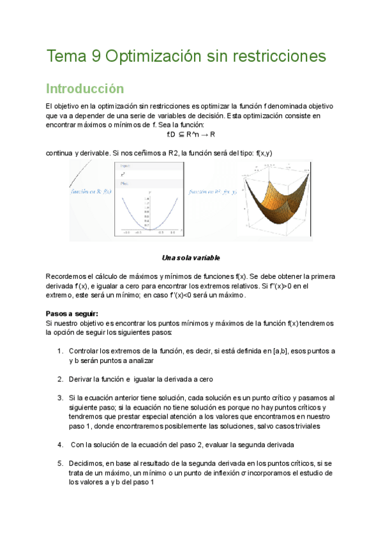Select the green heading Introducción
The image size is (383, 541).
coord(85,88)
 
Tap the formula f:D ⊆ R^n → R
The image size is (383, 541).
coord(190,135)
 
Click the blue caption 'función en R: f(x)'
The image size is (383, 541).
coord(91,191)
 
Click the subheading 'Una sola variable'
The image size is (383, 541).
coord(191,258)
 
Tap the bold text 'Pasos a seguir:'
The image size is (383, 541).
coord(71,314)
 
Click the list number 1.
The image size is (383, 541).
coord(59,352)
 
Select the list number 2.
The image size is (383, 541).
coord(59,379)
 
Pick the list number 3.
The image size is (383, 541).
coord(59,397)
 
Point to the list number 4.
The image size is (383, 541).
coord(59,445)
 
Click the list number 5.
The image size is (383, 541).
coord(59,464)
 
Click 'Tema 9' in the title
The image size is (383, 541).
coord(72,57)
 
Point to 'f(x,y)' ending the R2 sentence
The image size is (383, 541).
coord(264,153)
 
